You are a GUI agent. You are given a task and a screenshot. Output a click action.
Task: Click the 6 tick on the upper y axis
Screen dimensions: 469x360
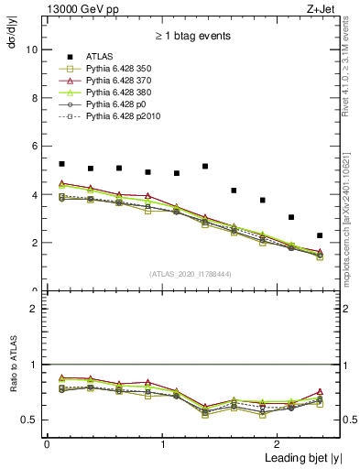pos(37,147)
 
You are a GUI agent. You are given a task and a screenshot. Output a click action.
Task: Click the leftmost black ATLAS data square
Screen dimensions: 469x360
pos(61,164)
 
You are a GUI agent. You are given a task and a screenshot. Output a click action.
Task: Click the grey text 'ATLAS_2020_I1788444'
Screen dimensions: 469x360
pos(191,273)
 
